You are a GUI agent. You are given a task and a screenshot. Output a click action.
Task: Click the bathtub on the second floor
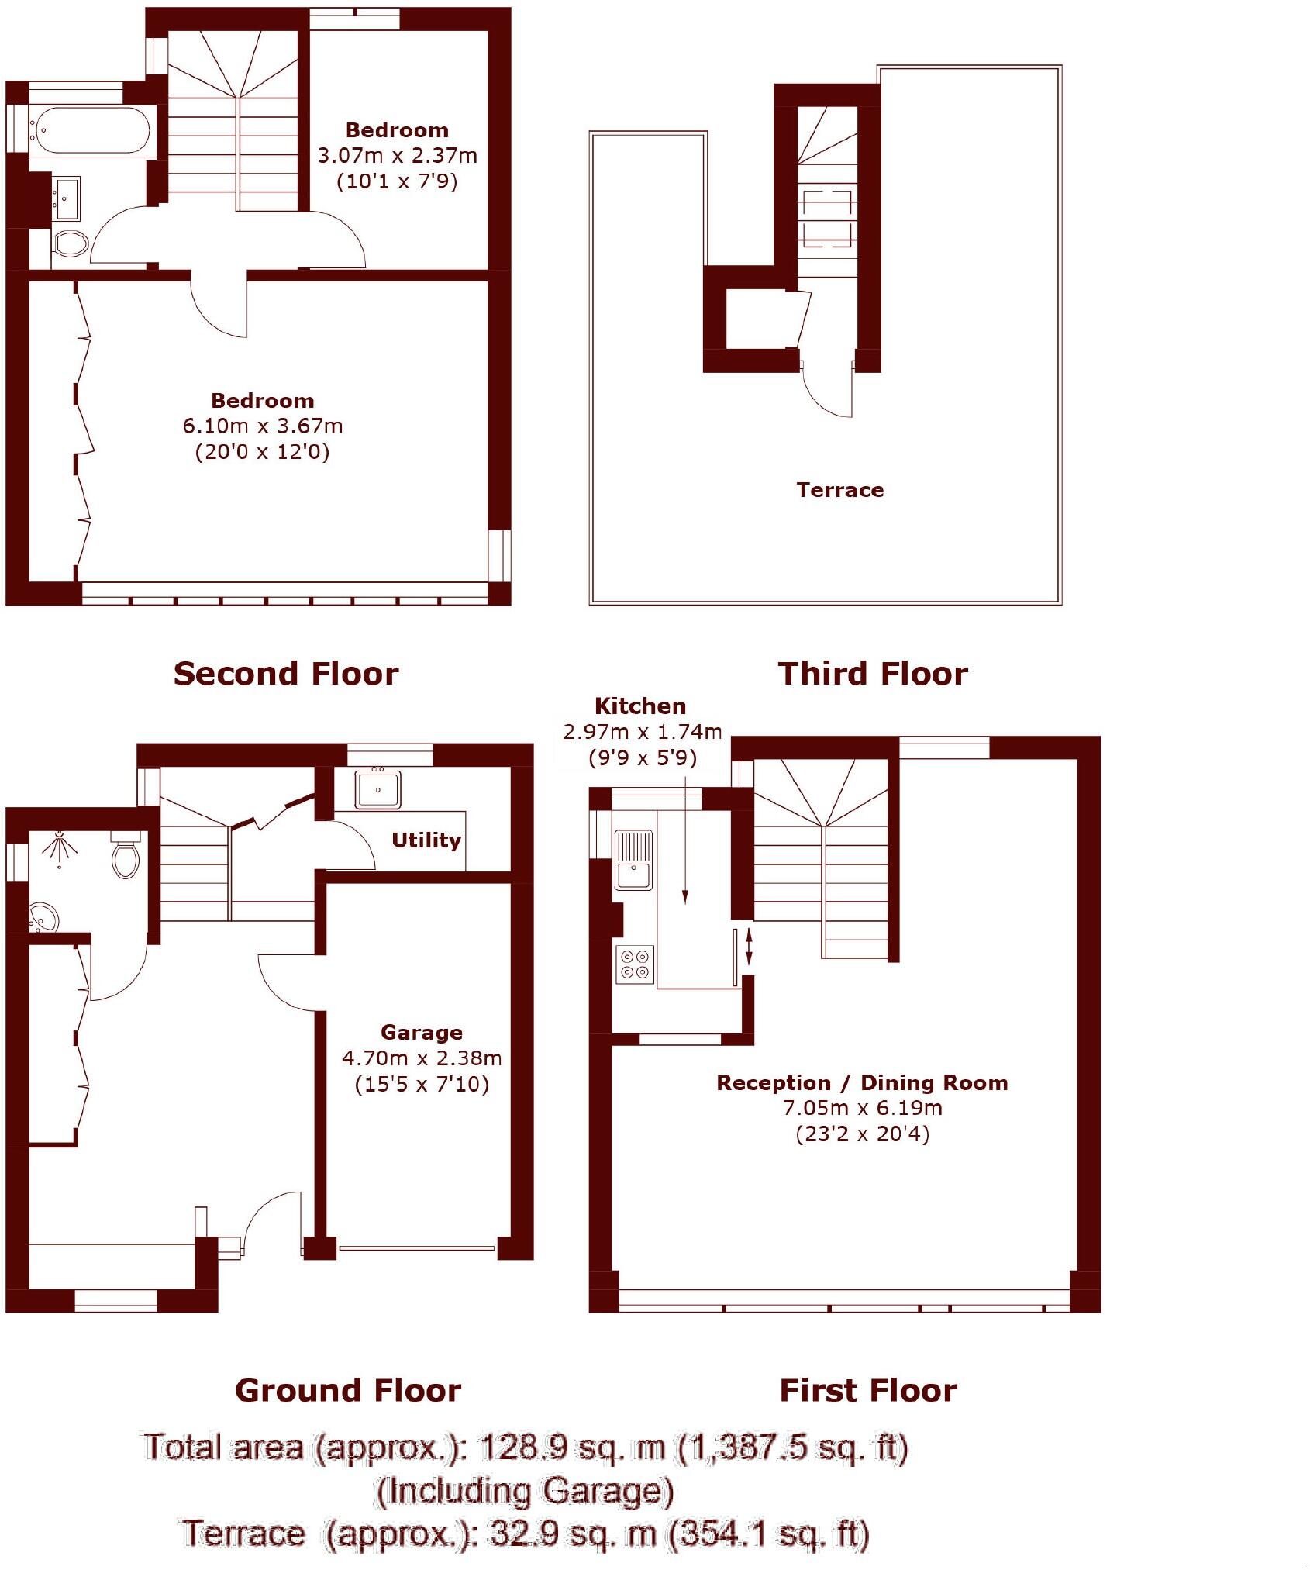tap(90, 130)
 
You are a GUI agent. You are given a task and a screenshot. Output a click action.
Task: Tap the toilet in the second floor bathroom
tap(71, 244)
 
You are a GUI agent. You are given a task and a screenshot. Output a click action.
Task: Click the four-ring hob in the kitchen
tap(635, 964)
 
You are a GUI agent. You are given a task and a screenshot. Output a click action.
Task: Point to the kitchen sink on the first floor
tap(633, 859)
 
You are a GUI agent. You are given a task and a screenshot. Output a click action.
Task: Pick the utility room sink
tap(377, 789)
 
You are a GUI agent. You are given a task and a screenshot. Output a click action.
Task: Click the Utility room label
tap(426, 840)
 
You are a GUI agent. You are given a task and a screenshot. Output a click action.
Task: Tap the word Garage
tap(421, 1032)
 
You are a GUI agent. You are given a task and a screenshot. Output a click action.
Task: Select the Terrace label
tap(839, 490)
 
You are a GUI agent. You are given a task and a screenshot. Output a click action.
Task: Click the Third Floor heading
tap(873, 673)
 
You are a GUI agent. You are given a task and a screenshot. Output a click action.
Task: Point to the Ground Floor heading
tap(347, 1390)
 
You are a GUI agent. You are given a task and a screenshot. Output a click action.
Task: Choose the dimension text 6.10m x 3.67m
tap(262, 426)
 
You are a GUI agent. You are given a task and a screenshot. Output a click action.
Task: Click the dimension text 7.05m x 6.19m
tap(862, 1107)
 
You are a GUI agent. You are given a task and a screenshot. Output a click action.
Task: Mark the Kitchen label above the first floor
tap(639, 706)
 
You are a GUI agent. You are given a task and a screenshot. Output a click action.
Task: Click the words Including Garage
tap(524, 1491)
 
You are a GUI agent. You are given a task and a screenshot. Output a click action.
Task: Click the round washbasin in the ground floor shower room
tap(43, 917)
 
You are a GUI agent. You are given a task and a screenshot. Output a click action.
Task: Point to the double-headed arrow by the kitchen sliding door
tap(748, 947)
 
